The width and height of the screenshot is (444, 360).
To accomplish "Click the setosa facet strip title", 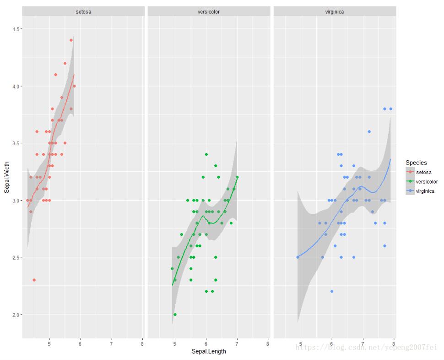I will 83,11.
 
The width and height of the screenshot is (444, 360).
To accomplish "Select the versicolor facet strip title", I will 209,11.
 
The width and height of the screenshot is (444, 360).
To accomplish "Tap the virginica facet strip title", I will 335,11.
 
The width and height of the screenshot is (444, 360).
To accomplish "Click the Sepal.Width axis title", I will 7,176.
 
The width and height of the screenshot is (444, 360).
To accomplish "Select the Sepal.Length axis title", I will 209,352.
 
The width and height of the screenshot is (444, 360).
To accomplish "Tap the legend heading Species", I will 416,163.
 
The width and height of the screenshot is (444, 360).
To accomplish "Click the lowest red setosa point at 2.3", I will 34,280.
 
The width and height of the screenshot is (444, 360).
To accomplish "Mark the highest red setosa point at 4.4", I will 71,40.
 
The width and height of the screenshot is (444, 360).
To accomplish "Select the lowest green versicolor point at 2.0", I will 175,315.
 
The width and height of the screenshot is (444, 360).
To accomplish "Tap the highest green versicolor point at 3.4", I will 206,154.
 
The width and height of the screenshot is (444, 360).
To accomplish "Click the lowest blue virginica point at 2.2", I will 332,291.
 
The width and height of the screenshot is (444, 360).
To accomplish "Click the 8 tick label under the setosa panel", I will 142,343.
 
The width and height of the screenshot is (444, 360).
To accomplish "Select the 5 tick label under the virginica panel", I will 301,343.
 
